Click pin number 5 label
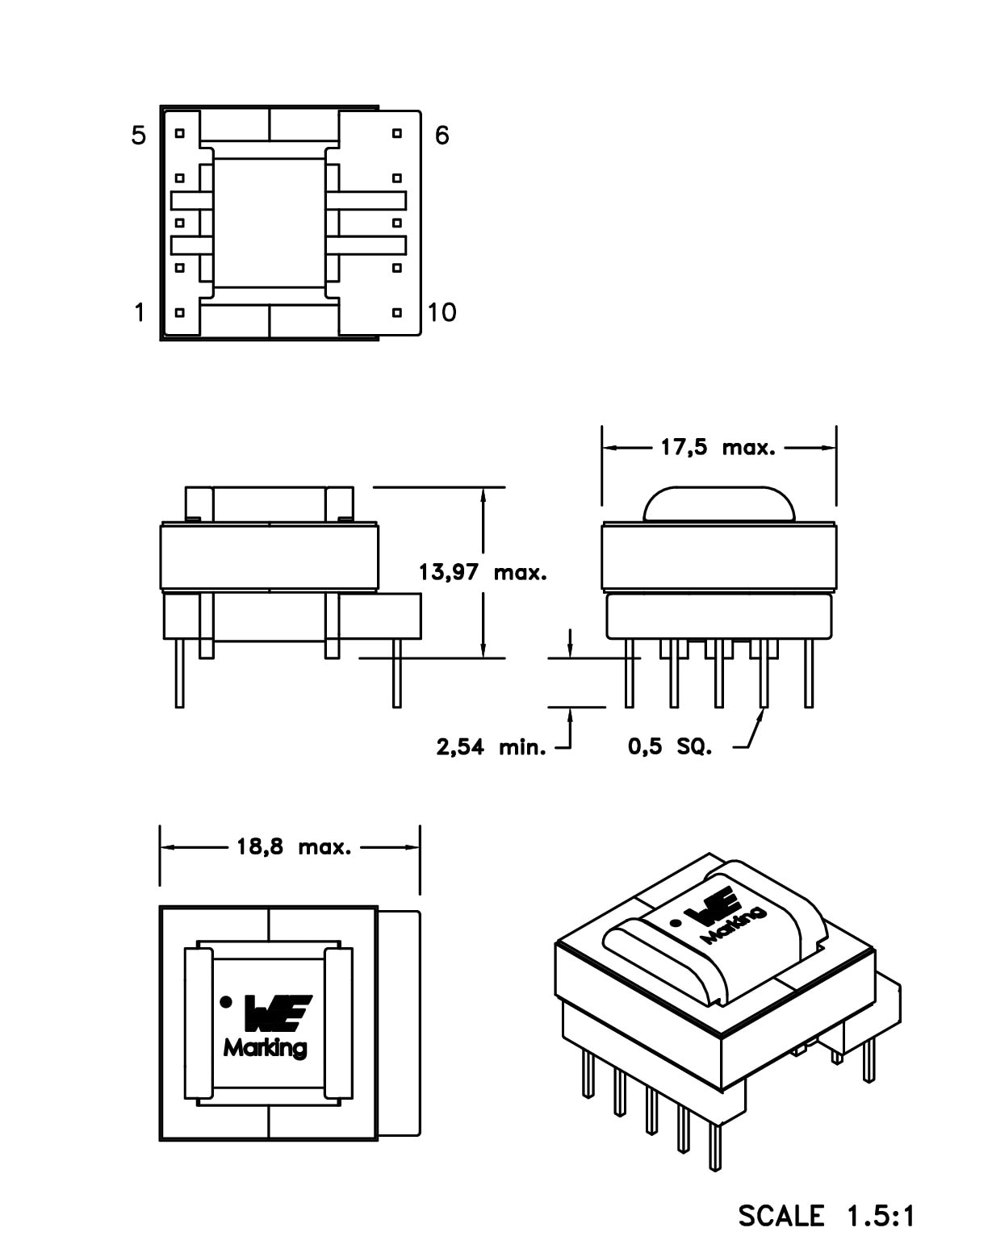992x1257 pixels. click(x=139, y=136)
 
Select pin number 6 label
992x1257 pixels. click(x=442, y=136)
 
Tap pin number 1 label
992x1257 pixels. click(x=140, y=312)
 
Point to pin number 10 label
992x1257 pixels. click(x=442, y=312)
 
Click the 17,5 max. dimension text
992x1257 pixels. click(x=718, y=448)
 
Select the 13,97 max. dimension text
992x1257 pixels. click(x=483, y=573)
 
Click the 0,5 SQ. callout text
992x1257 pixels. click(x=670, y=747)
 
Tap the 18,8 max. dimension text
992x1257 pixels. click(x=294, y=847)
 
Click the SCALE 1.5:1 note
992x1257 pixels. click(x=827, y=1216)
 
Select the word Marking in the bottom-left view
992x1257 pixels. click(x=266, y=1048)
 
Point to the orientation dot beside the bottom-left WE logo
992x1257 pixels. click(x=226, y=1002)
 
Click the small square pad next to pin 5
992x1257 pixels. click(x=180, y=133)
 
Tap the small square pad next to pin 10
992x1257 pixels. click(x=396, y=311)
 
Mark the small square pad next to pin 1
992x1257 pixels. click(x=180, y=311)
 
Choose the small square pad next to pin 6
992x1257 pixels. click(x=396, y=133)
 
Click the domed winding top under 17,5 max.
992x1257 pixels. click(x=718, y=503)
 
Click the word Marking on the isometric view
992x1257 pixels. click(x=734, y=925)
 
